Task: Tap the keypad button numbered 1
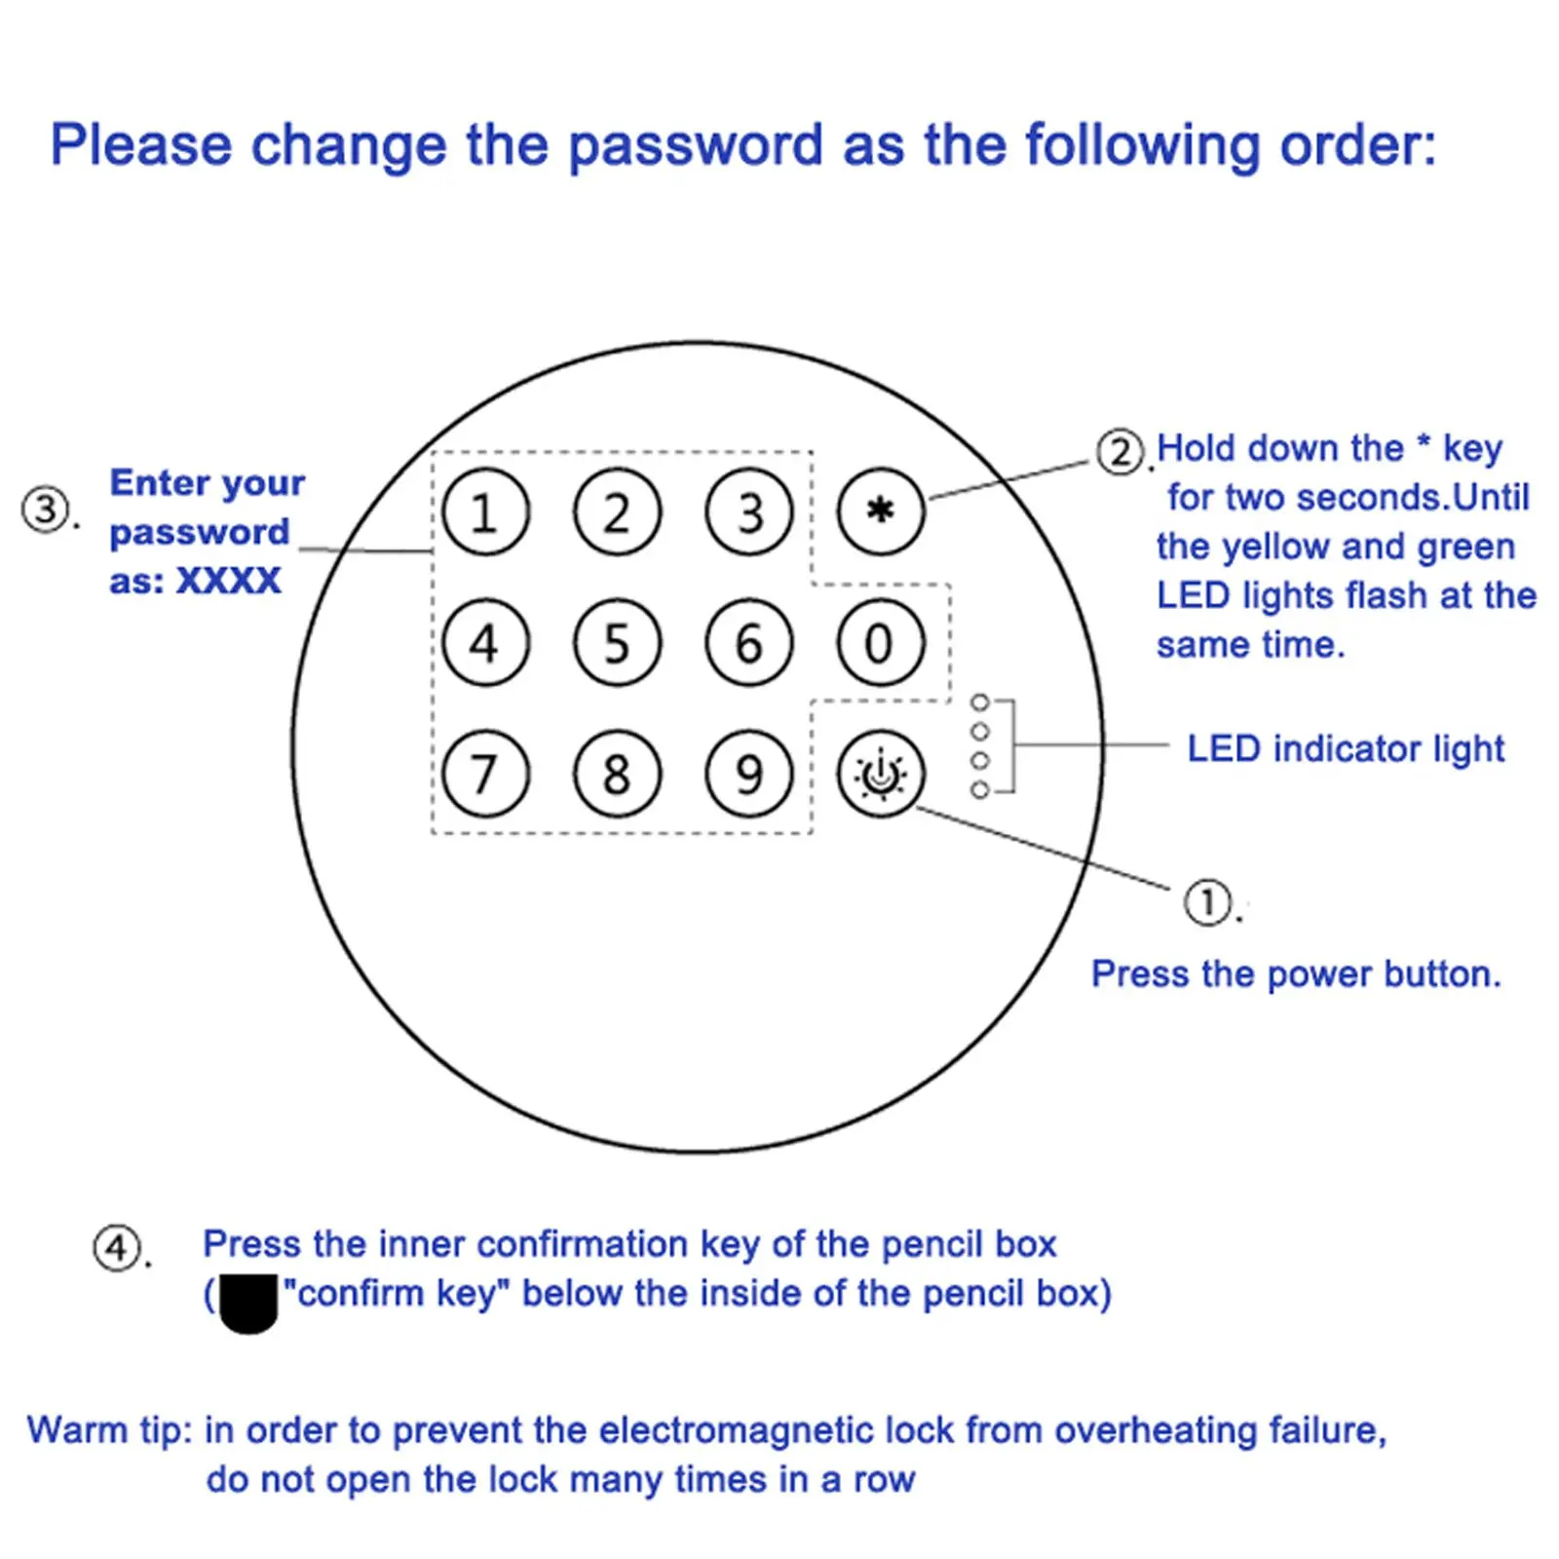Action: pyautogui.click(x=485, y=513)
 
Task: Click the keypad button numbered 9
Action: pyautogui.click(x=748, y=775)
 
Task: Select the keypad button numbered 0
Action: pyautogui.click(x=880, y=643)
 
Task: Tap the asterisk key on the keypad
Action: pyautogui.click(x=880, y=512)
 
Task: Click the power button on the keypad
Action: pyautogui.click(x=880, y=775)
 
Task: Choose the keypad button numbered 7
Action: pyautogui.click(x=485, y=775)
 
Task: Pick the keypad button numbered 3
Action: pyautogui.click(x=748, y=513)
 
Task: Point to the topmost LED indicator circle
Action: pyautogui.click(x=980, y=703)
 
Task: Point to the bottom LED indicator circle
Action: pyautogui.click(x=980, y=789)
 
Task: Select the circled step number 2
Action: pyautogui.click(x=1120, y=452)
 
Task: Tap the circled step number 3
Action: pyautogui.click(x=45, y=510)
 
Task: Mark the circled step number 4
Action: pyautogui.click(x=116, y=1248)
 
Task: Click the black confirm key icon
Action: pyautogui.click(x=248, y=1302)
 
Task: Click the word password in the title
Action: pyautogui.click(x=696, y=146)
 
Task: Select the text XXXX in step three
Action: pyautogui.click(x=228, y=582)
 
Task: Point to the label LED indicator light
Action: pyautogui.click(x=1345, y=748)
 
